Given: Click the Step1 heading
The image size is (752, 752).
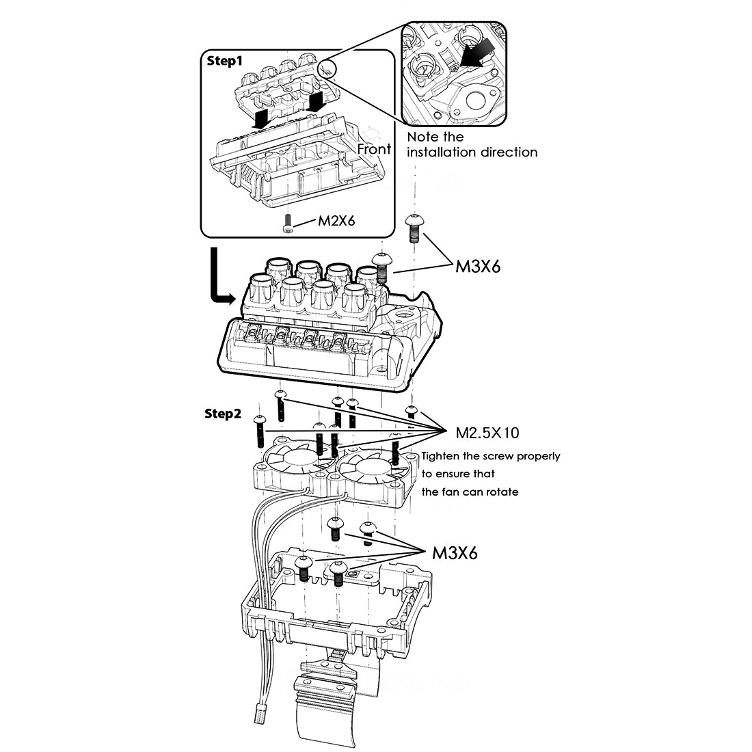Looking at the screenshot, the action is click(224, 61).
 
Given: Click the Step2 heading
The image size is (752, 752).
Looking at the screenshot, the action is click(223, 414).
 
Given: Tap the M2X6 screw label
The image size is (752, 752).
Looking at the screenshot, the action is click(336, 221).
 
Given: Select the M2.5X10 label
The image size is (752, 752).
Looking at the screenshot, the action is click(487, 433).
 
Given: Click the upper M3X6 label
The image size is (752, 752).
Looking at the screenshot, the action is click(478, 266).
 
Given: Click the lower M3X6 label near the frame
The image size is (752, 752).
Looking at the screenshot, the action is click(455, 553).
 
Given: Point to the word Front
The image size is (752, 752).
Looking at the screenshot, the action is click(374, 149).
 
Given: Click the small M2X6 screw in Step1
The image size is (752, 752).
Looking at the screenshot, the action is click(287, 224).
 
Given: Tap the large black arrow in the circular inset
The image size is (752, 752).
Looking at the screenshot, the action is click(478, 53).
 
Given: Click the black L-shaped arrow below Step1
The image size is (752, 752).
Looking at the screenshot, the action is click(221, 276).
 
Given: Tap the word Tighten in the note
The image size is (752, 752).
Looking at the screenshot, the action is click(440, 456).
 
